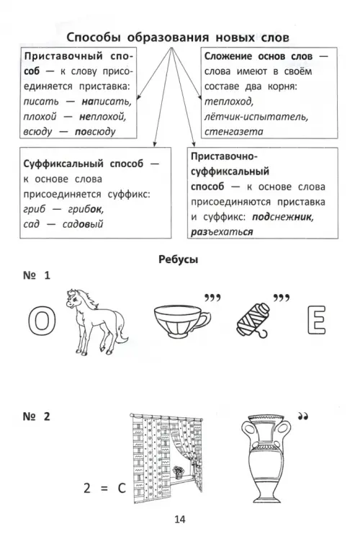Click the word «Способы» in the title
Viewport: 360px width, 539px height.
(93, 37)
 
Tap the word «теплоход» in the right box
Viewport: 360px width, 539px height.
(229, 102)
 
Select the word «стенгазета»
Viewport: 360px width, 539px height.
(233, 131)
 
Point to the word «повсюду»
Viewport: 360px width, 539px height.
(95, 132)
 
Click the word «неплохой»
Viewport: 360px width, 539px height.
(103, 117)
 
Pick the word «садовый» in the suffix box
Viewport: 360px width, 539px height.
(83, 224)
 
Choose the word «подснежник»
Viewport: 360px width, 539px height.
(283, 217)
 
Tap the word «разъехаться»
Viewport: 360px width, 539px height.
(222, 232)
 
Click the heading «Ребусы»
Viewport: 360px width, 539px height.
(179, 259)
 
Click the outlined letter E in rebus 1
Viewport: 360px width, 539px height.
(316, 320)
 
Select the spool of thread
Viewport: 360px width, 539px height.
(253, 320)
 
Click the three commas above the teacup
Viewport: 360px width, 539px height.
(212, 298)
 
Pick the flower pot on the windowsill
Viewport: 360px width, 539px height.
(178, 472)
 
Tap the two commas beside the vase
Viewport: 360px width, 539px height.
(302, 416)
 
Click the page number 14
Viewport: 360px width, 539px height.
(180, 519)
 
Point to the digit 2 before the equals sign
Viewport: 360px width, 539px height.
(87, 488)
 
